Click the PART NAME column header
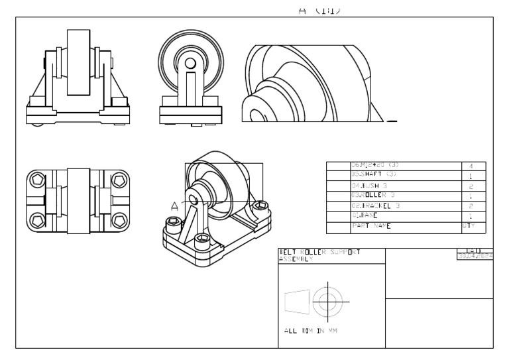[x=371, y=226]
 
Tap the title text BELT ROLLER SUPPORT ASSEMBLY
[x=320, y=256]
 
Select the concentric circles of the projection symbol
[x=325, y=302]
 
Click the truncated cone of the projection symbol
[x=296, y=302]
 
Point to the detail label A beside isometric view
[x=175, y=206]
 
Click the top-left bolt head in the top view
[x=37, y=180]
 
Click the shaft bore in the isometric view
[x=194, y=198]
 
